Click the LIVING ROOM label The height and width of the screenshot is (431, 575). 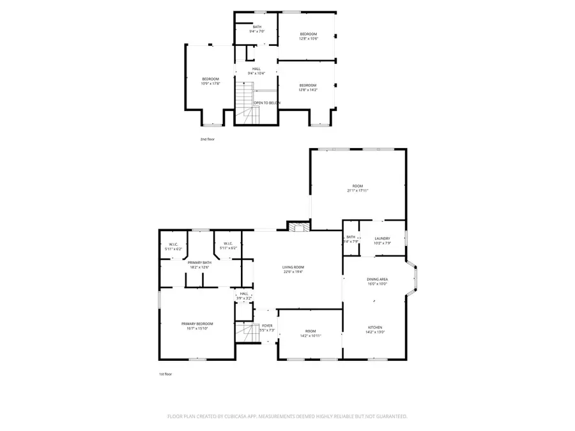tap(293, 267)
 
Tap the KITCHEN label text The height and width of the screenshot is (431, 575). tap(374, 327)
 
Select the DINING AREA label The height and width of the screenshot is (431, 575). tap(378, 279)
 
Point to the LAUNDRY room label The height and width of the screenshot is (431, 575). tap(382, 239)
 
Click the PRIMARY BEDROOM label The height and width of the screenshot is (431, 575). tap(197, 324)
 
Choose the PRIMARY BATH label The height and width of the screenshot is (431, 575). tap(199, 262)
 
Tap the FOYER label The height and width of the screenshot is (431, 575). tap(267, 326)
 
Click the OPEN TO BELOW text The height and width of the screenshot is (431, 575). tap(266, 103)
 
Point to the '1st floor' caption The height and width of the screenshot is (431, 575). tap(165, 374)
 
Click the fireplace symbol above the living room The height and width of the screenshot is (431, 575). tap(298, 225)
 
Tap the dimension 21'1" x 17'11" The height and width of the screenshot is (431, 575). tap(357, 190)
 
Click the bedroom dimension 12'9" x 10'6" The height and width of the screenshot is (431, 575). tap(308, 38)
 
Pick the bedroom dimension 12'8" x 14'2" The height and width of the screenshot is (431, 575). tap(308, 90)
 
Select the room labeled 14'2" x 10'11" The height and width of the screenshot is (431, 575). tap(310, 333)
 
